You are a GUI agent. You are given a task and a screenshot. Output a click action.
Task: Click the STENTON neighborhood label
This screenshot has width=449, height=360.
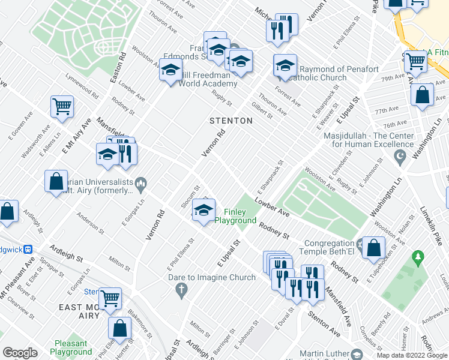(x=231, y=121)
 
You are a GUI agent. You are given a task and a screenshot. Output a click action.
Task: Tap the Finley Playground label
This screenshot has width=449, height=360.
(x=240, y=216)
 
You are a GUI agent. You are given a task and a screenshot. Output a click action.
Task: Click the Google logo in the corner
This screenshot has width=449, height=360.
(x=20, y=353)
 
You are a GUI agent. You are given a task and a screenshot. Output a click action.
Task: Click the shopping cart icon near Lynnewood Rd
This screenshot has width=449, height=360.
(x=62, y=107)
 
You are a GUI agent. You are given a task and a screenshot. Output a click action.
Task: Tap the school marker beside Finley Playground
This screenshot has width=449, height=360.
(x=203, y=211)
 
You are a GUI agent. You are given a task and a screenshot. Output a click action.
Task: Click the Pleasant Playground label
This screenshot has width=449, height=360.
(x=71, y=347)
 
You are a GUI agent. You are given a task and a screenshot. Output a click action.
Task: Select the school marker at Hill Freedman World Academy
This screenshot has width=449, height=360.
(x=170, y=70)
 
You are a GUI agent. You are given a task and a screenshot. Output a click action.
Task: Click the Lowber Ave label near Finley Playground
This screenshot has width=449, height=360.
(x=271, y=206)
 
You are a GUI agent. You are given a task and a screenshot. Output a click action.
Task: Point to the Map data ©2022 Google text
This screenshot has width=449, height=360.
(x=411, y=355)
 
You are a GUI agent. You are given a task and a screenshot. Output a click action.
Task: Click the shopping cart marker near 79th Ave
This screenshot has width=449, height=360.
(x=415, y=61)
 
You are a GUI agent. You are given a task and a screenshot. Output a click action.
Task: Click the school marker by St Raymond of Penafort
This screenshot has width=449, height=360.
(x=285, y=65)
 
